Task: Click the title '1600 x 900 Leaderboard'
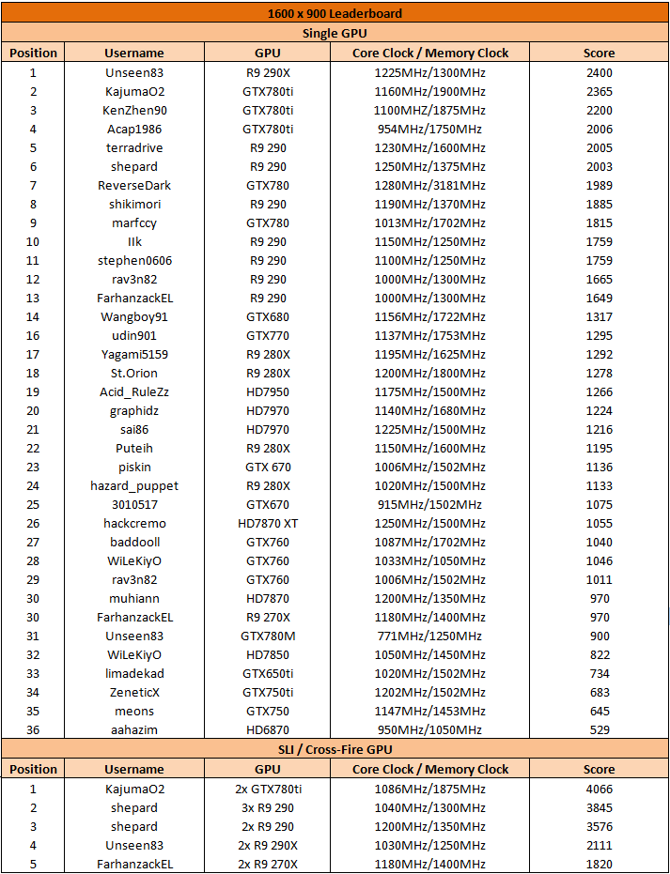click(x=335, y=14)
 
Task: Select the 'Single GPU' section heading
click(x=335, y=33)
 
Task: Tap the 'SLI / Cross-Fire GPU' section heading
click(x=335, y=749)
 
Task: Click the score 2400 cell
click(x=599, y=72)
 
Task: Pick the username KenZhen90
click(x=134, y=110)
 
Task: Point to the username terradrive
click(x=134, y=147)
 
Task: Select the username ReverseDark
click(x=134, y=185)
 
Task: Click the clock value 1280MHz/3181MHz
click(x=418, y=185)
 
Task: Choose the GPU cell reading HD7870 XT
click(x=268, y=523)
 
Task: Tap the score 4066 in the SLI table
click(x=599, y=789)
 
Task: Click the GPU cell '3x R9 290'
click(x=268, y=807)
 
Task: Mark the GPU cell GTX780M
click(x=268, y=636)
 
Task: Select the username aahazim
click(x=134, y=729)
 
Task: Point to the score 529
click(x=599, y=729)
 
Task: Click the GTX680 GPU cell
click(x=268, y=316)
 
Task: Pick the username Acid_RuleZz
click(x=134, y=391)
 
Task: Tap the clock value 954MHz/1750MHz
click(x=418, y=129)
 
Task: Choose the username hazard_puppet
click(x=134, y=485)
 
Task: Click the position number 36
click(x=33, y=729)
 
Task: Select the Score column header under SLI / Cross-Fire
click(x=599, y=769)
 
